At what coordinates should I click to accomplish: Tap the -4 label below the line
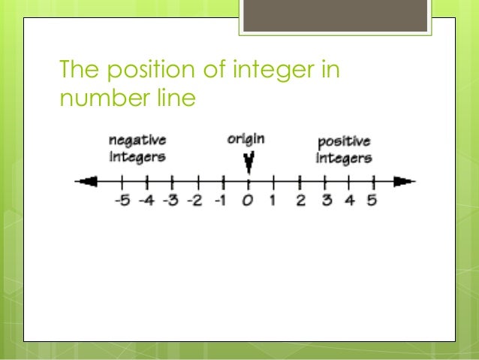point(146,201)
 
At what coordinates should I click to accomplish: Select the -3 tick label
point(170,201)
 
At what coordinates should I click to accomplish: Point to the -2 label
point(195,201)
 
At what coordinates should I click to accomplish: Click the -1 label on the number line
point(221,201)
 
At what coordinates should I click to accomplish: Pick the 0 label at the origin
point(249,201)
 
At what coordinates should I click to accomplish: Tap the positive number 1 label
point(273,201)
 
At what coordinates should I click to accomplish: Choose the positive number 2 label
point(300,201)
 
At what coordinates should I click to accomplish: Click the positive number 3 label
point(325,201)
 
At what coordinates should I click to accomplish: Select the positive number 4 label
point(349,201)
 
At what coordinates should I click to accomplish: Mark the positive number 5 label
point(372,201)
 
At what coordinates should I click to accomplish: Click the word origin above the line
point(246,140)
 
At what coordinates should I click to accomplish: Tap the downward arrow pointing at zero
point(249,162)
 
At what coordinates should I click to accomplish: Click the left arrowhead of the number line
point(87,181)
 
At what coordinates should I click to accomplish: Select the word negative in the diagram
point(137,141)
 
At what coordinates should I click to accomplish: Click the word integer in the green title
point(273,72)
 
